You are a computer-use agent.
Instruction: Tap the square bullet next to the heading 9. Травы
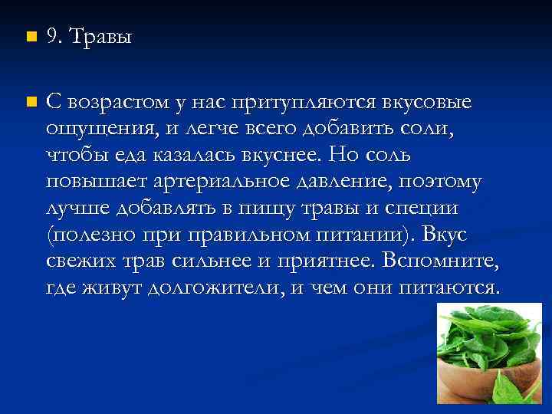coord(30,38)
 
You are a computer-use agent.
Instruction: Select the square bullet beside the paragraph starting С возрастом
coord(30,101)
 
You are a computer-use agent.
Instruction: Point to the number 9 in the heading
coord(52,38)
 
